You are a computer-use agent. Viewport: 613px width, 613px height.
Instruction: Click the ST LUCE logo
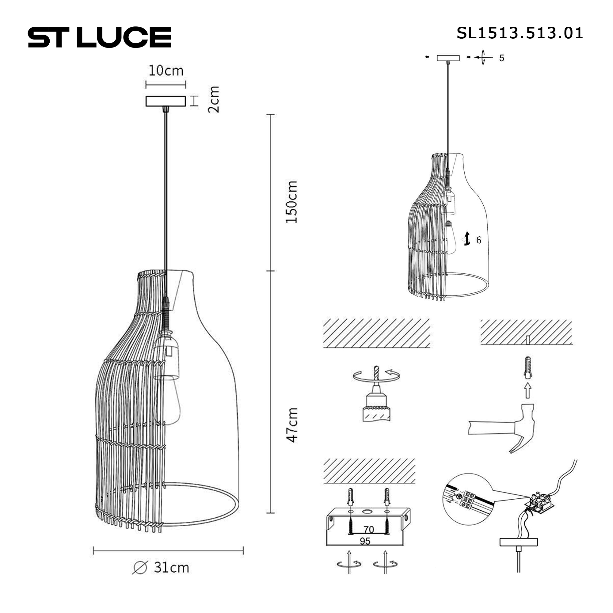tap(100, 37)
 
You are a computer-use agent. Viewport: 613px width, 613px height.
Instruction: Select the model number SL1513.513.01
tap(520, 33)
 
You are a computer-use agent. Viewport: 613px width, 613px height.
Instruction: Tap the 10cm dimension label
tap(166, 71)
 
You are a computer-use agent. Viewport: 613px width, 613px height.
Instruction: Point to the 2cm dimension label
tap(214, 99)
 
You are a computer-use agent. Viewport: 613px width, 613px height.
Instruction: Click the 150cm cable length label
tap(291, 202)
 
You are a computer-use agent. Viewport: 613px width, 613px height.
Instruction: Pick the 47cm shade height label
tap(291, 425)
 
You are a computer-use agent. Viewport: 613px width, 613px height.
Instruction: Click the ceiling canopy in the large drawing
tap(166, 101)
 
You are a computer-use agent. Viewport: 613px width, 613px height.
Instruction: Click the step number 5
tap(502, 58)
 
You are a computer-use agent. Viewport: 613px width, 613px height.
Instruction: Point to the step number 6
tap(479, 240)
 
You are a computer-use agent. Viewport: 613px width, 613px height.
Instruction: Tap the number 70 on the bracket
tap(369, 529)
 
